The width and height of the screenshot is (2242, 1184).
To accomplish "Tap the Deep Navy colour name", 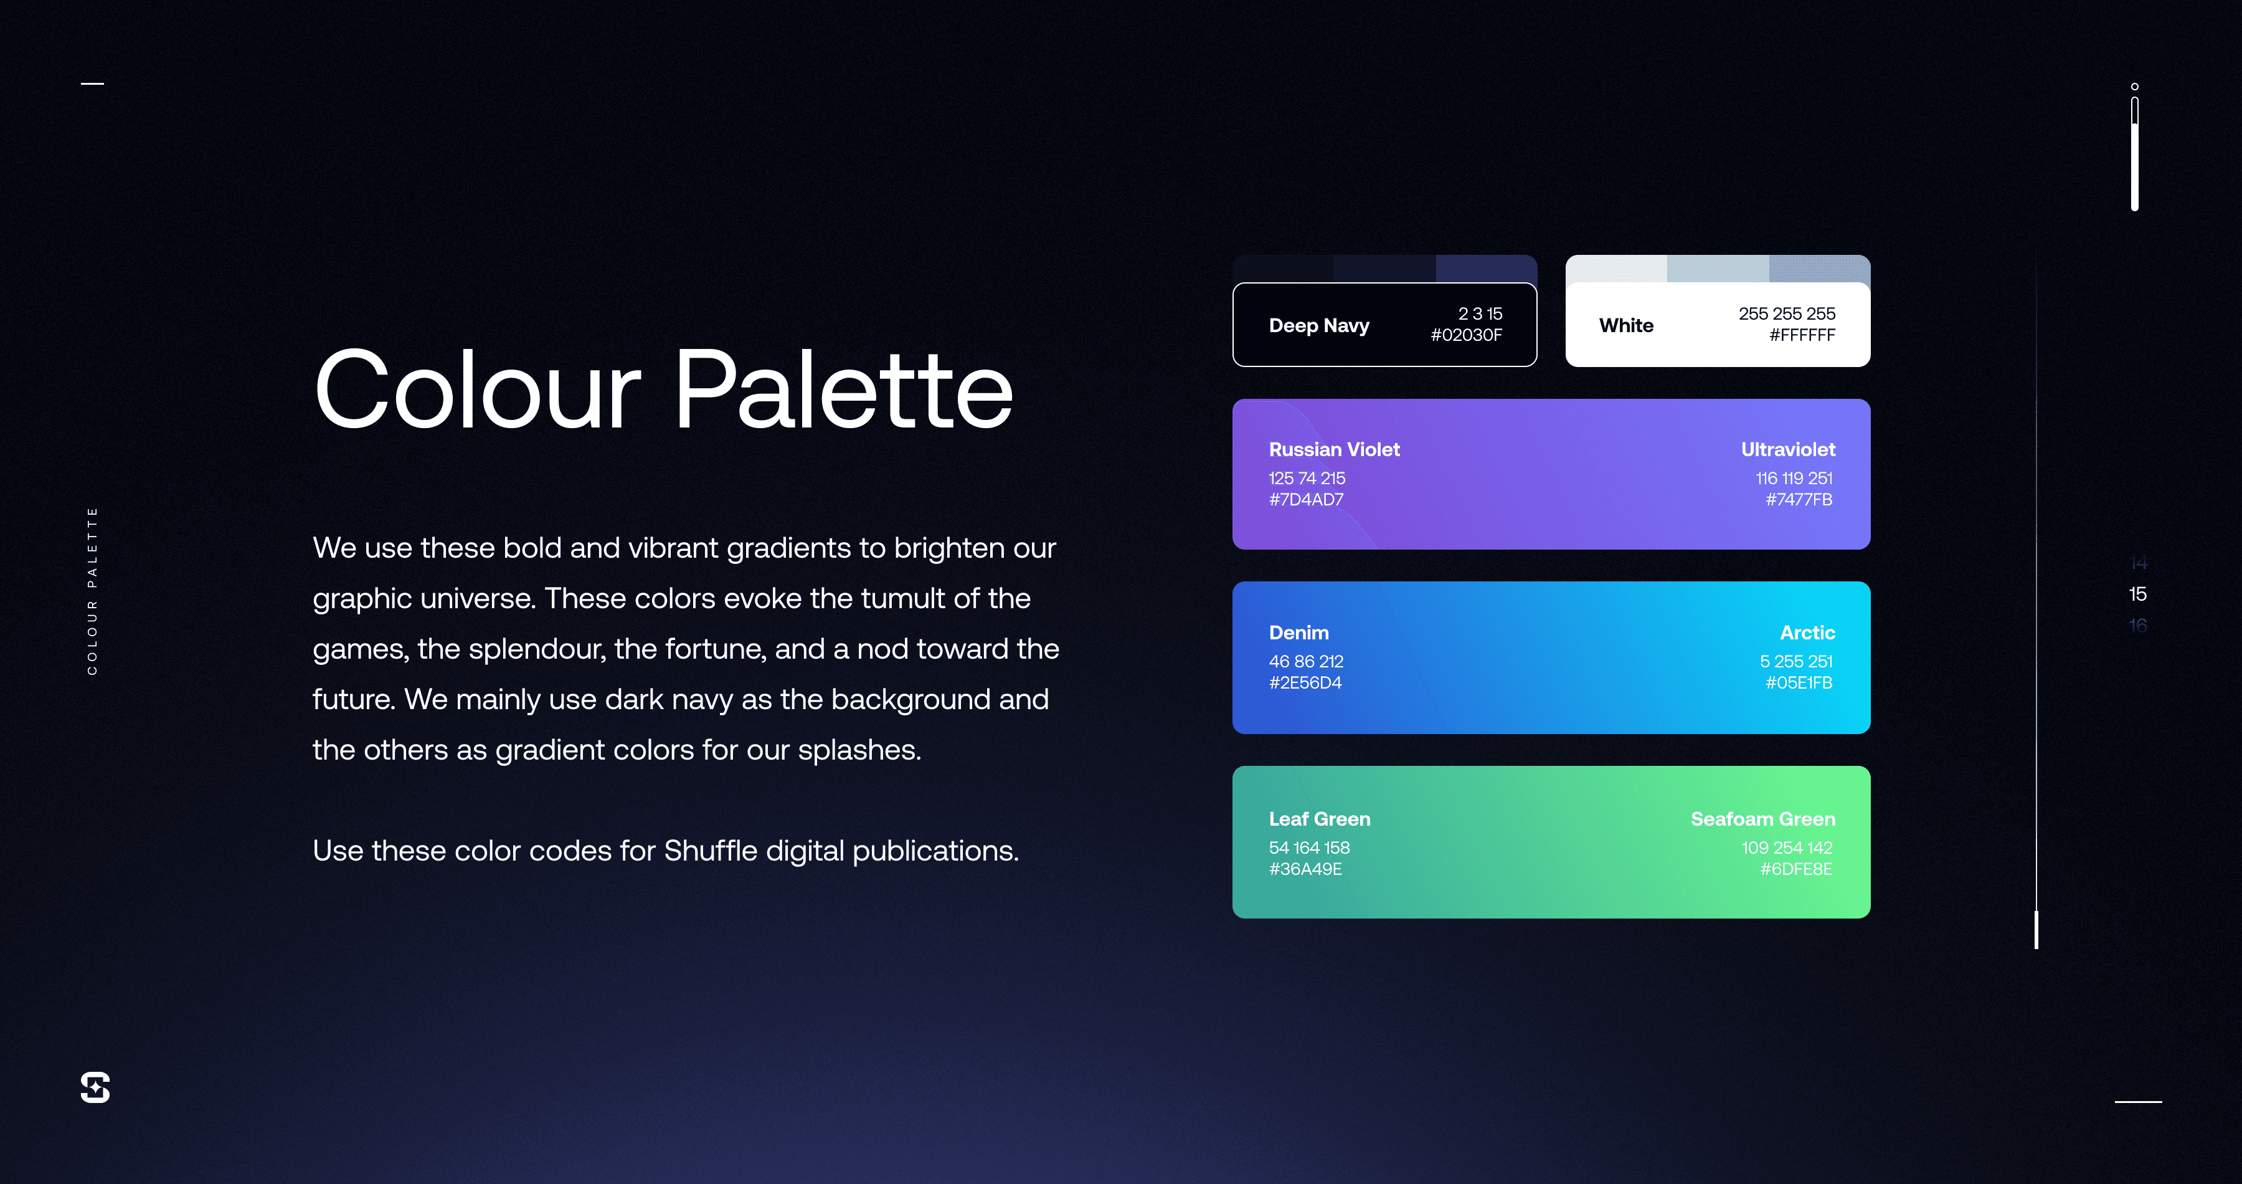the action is [x=1318, y=325].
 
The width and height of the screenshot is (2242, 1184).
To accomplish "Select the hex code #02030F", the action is [x=1467, y=335].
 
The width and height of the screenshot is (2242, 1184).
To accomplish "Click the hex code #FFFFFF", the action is [x=1802, y=335].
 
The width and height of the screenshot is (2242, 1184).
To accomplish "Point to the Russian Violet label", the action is [x=1334, y=449].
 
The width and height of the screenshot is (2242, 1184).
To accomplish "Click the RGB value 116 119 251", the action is [x=1794, y=478].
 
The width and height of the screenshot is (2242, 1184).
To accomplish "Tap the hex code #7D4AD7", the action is [x=1305, y=500].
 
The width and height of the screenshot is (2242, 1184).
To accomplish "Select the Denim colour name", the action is [x=1298, y=633].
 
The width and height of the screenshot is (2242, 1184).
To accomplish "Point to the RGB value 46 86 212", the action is [x=1305, y=662].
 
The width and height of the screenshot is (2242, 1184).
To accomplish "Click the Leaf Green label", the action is [x=1320, y=819].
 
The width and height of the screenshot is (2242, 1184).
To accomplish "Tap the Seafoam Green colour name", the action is [x=1762, y=819].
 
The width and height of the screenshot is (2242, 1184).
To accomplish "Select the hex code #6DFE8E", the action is [x=1795, y=869].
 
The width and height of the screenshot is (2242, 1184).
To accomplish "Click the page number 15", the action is [x=2137, y=594].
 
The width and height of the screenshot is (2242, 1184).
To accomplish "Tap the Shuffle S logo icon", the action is [x=95, y=1087].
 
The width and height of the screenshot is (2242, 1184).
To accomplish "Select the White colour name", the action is [x=1626, y=325].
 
